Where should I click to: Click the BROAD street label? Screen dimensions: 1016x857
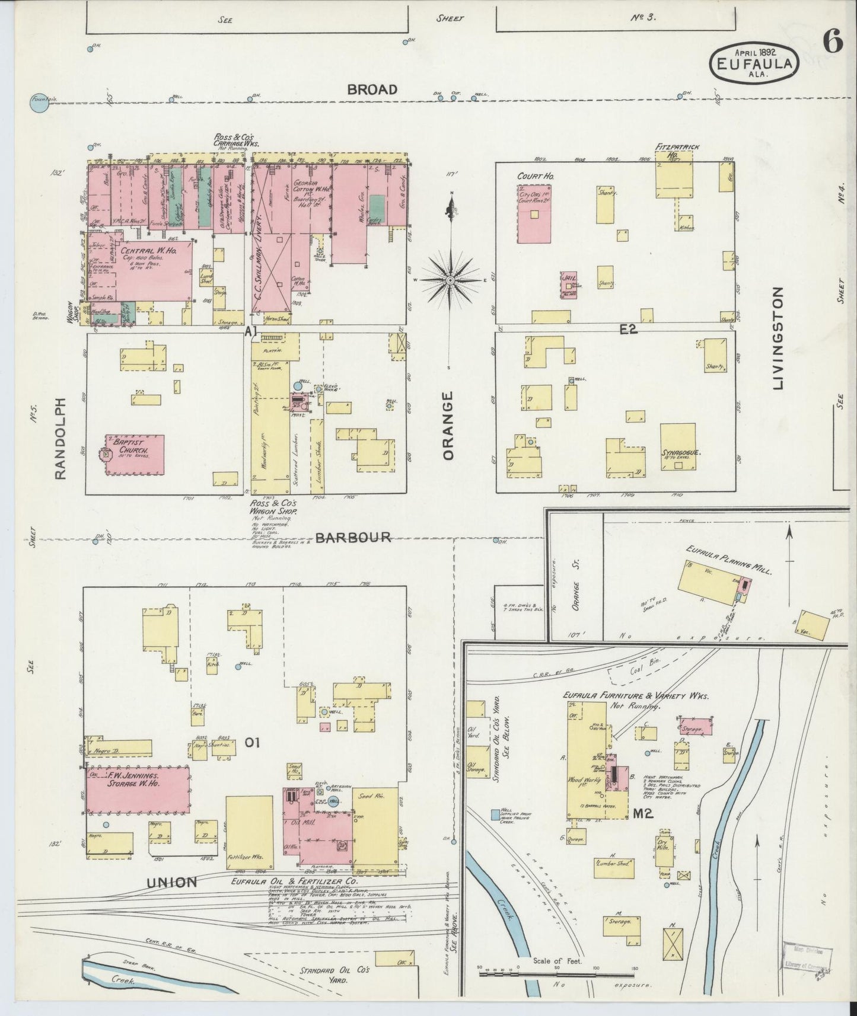(372, 90)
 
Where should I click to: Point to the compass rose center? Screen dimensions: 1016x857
(451, 279)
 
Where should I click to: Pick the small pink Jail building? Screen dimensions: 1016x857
(569, 285)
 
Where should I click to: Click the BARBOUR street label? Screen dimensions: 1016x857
(353, 538)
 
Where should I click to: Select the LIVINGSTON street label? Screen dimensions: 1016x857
(779, 338)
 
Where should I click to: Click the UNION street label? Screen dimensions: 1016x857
(171, 882)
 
